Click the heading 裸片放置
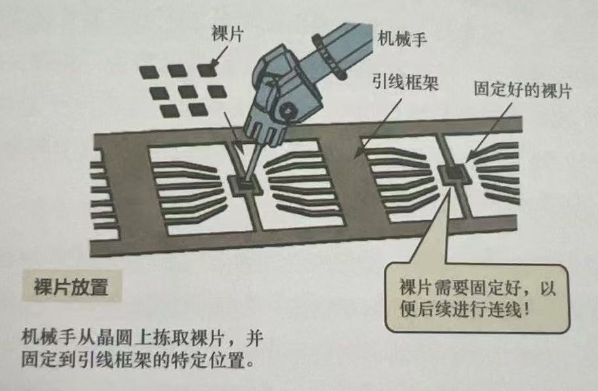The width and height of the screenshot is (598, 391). click(71, 286)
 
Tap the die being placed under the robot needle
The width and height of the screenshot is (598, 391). click(244, 185)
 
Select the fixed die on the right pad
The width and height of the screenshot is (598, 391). click(453, 174)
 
